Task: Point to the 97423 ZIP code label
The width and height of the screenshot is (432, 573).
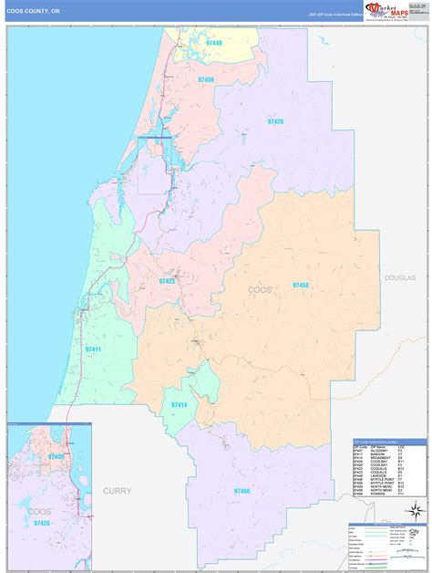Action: (169, 281)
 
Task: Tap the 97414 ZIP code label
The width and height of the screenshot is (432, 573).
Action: (180, 404)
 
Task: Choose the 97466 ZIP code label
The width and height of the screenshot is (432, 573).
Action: (242, 491)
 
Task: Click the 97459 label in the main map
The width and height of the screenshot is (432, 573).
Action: (205, 80)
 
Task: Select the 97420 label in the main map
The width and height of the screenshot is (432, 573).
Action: (274, 121)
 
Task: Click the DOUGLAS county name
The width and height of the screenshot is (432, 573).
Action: (399, 277)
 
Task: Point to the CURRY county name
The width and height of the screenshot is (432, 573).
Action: (118, 491)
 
